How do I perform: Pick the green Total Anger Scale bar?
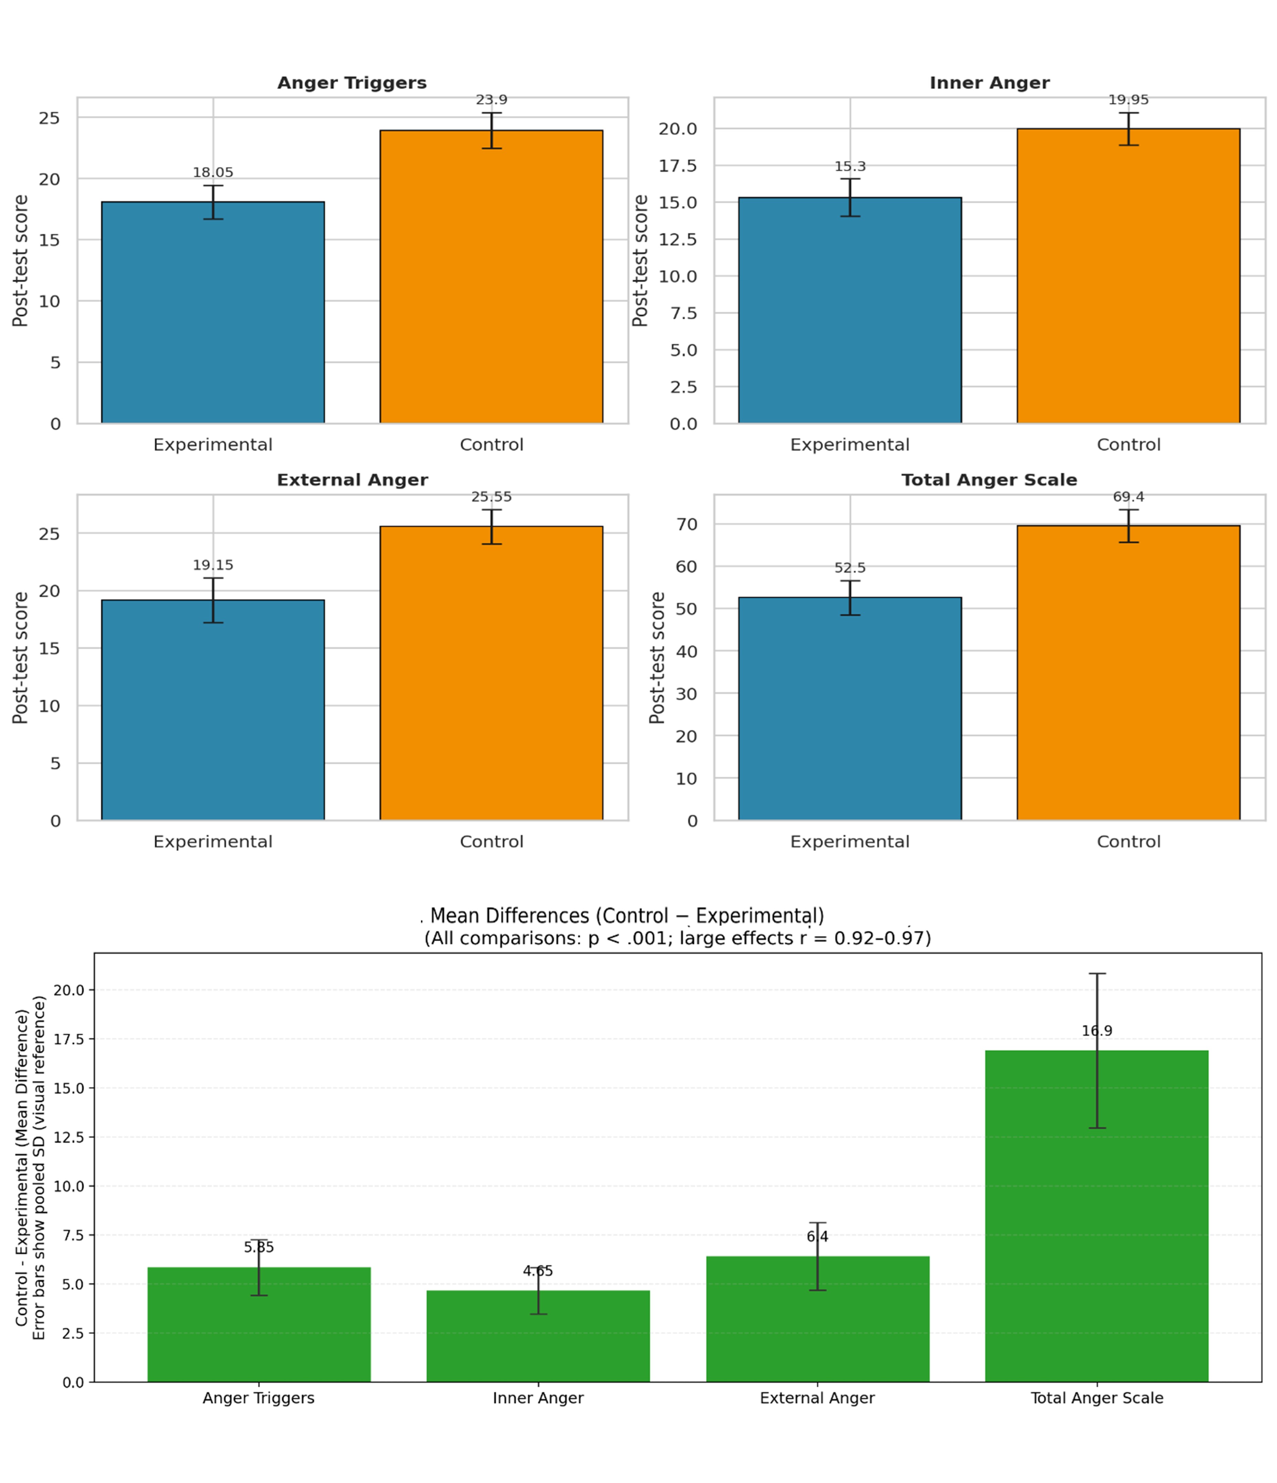pyautogui.click(x=1097, y=1216)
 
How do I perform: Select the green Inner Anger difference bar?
pyautogui.click(x=538, y=1336)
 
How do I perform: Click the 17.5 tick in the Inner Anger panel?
pyautogui.click(x=677, y=166)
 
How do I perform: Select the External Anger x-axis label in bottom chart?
pyautogui.click(x=817, y=1398)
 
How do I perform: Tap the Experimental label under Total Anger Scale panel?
pyautogui.click(x=849, y=842)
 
